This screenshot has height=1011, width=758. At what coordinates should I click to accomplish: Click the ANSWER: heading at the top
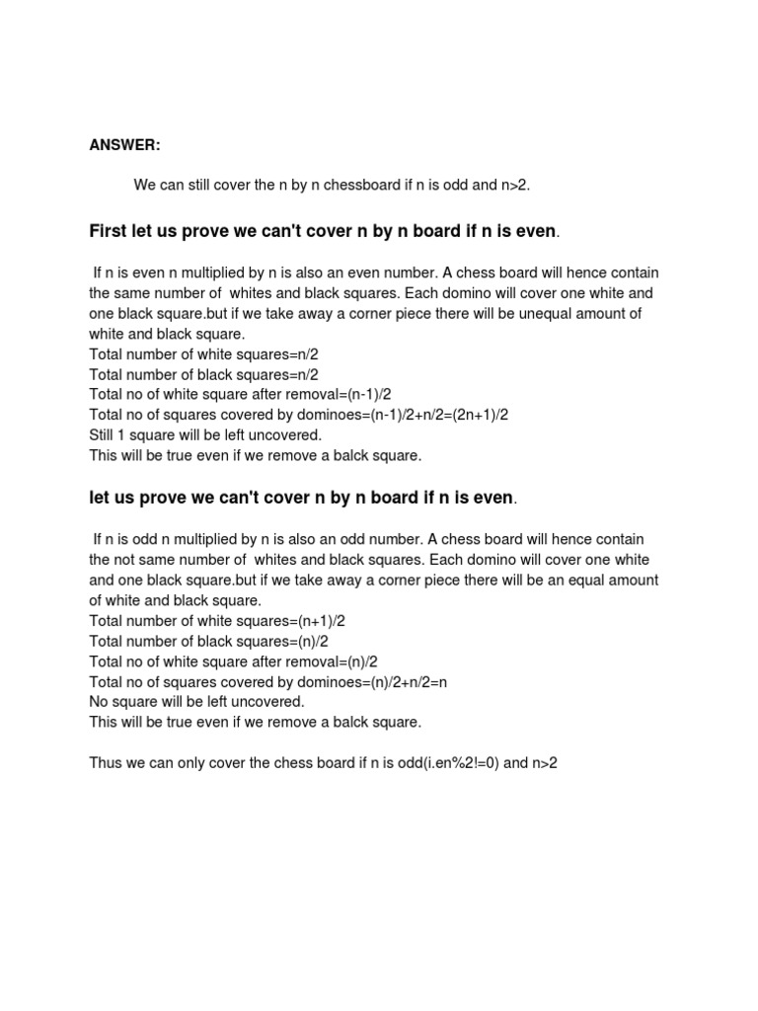tap(124, 145)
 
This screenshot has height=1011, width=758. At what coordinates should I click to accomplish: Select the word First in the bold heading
tap(109, 232)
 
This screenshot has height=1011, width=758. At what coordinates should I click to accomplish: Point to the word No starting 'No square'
tap(100, 702)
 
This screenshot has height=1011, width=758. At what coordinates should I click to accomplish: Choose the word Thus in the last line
tap(106, 763)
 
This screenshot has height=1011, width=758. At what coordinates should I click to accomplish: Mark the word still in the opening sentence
tap(202, 185)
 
